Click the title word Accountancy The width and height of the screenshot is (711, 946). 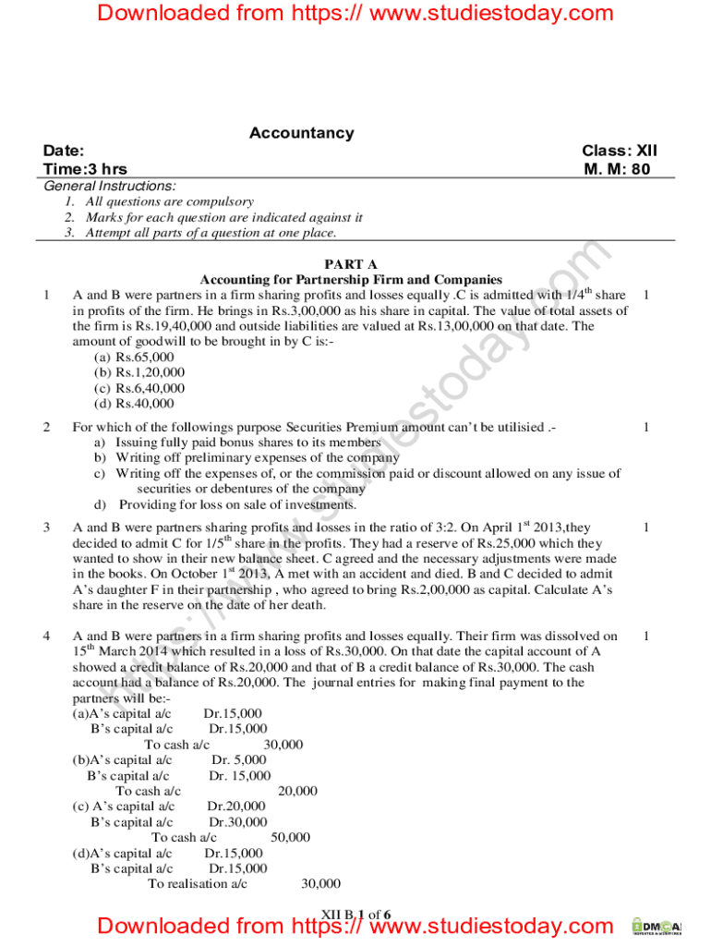click(301, 133)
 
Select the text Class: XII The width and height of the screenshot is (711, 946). click(619, 151)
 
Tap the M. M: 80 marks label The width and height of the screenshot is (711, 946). click(617, 169)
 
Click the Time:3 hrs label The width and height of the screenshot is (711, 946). click(85, 169)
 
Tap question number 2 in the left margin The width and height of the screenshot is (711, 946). click(46, 427)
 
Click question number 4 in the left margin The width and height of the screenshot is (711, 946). click(46, 637)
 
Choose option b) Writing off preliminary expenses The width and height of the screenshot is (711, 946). click(246, 457)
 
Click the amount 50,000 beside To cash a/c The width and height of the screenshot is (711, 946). click(290, 838)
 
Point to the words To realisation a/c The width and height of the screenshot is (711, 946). click(198, 884)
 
